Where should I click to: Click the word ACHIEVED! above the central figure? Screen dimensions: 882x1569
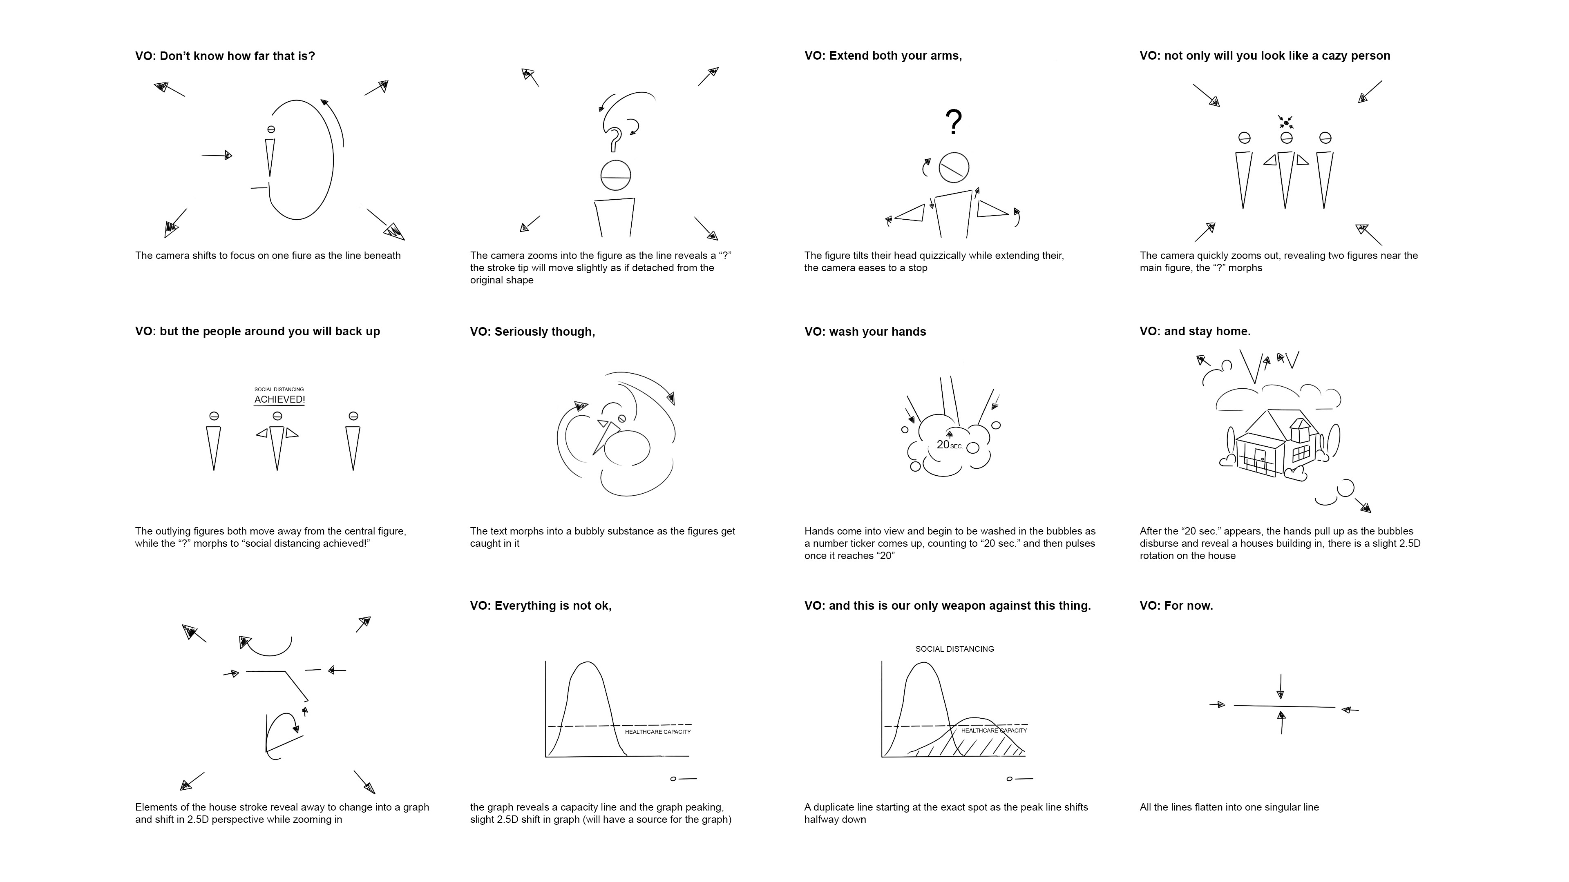(x=279, y=399)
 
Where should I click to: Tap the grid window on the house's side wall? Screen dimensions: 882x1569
(x=1301, y=453)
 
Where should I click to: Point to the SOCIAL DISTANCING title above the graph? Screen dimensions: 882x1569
(x=954, y=649)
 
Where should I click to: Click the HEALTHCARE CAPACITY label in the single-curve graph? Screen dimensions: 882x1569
(x=658, y=732)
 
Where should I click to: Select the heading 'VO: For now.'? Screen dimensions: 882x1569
(x=1176, y=606)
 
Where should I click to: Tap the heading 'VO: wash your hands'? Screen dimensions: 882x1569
(x=865, y=332)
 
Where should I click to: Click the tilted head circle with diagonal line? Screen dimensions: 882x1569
(x=954, y=167)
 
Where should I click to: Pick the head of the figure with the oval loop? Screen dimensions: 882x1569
(x=271, y=130)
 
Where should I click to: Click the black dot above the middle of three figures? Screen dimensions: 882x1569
(x=1286, y=123)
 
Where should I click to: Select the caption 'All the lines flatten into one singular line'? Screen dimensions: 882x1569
(x=1229, y=807)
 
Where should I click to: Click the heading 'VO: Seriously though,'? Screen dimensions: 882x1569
(x=532, y=332)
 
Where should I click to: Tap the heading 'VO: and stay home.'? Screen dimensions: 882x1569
(x=1195, y=332)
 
